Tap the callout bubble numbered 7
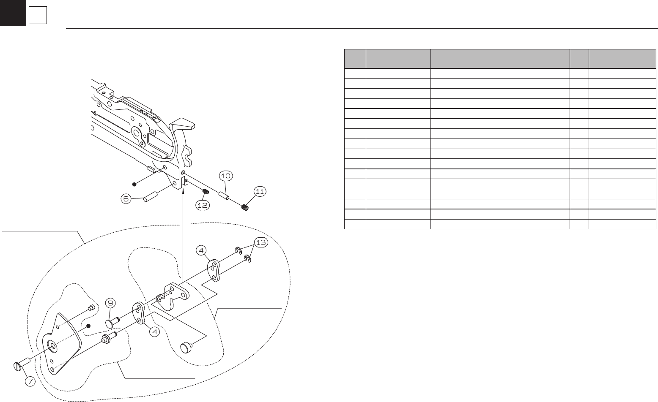click(30, 380)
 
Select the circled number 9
click(110, 303)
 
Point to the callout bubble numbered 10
click(226, 175)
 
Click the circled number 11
click(260, 192)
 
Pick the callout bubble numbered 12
click(202, 205)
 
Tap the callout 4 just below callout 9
click(155, 332)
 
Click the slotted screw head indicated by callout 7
click(18, 366)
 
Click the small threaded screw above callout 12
click(206, 193)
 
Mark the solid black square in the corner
click(13, 13)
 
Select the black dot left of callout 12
click(134, 184)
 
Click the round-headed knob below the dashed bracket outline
click(186, 347)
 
